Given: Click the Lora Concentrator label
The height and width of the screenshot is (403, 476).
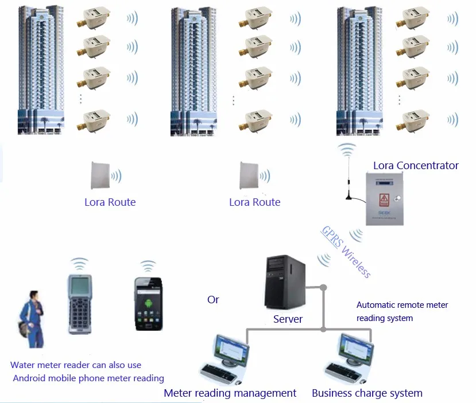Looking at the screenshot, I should (416, 166).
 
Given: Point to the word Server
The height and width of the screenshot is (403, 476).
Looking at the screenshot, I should (288, 319).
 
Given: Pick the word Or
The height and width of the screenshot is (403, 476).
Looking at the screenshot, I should (213, 300).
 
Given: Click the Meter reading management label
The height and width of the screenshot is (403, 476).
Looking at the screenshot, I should (230, 393).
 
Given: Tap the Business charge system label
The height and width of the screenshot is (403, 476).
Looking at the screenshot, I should (367, 393).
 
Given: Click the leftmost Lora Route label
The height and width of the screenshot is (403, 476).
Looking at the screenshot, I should (110, 202).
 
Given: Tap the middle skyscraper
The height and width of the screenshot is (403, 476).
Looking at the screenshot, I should (194, 69).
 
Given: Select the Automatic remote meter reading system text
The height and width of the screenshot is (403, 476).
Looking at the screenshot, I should (402, 311).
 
